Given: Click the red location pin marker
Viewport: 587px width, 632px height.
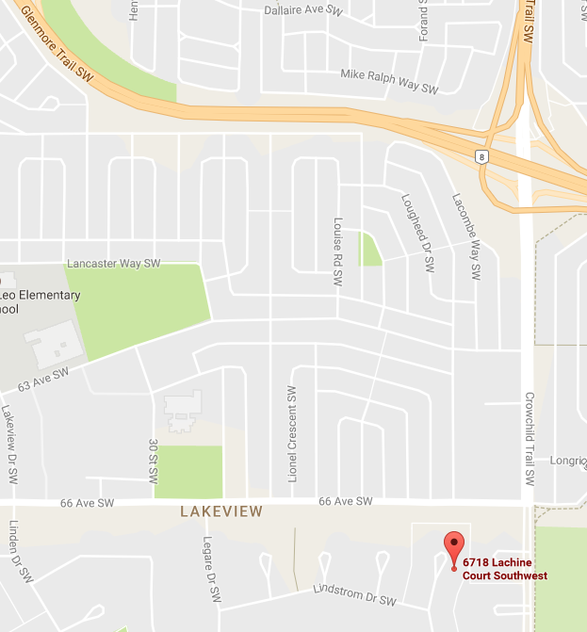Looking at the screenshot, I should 454,548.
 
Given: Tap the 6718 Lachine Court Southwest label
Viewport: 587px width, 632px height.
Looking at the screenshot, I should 504,569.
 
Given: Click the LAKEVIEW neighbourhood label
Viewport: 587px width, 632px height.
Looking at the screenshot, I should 220,511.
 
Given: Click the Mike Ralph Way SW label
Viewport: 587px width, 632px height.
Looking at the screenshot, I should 389,82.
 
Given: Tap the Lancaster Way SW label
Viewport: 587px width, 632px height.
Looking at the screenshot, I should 114,263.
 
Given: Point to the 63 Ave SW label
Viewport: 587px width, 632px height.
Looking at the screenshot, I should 43,380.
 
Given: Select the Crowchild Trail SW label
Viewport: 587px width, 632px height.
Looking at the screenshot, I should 530,439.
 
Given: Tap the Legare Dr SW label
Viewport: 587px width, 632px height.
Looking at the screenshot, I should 212,570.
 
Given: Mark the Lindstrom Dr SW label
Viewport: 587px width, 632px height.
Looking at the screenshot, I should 354,595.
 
